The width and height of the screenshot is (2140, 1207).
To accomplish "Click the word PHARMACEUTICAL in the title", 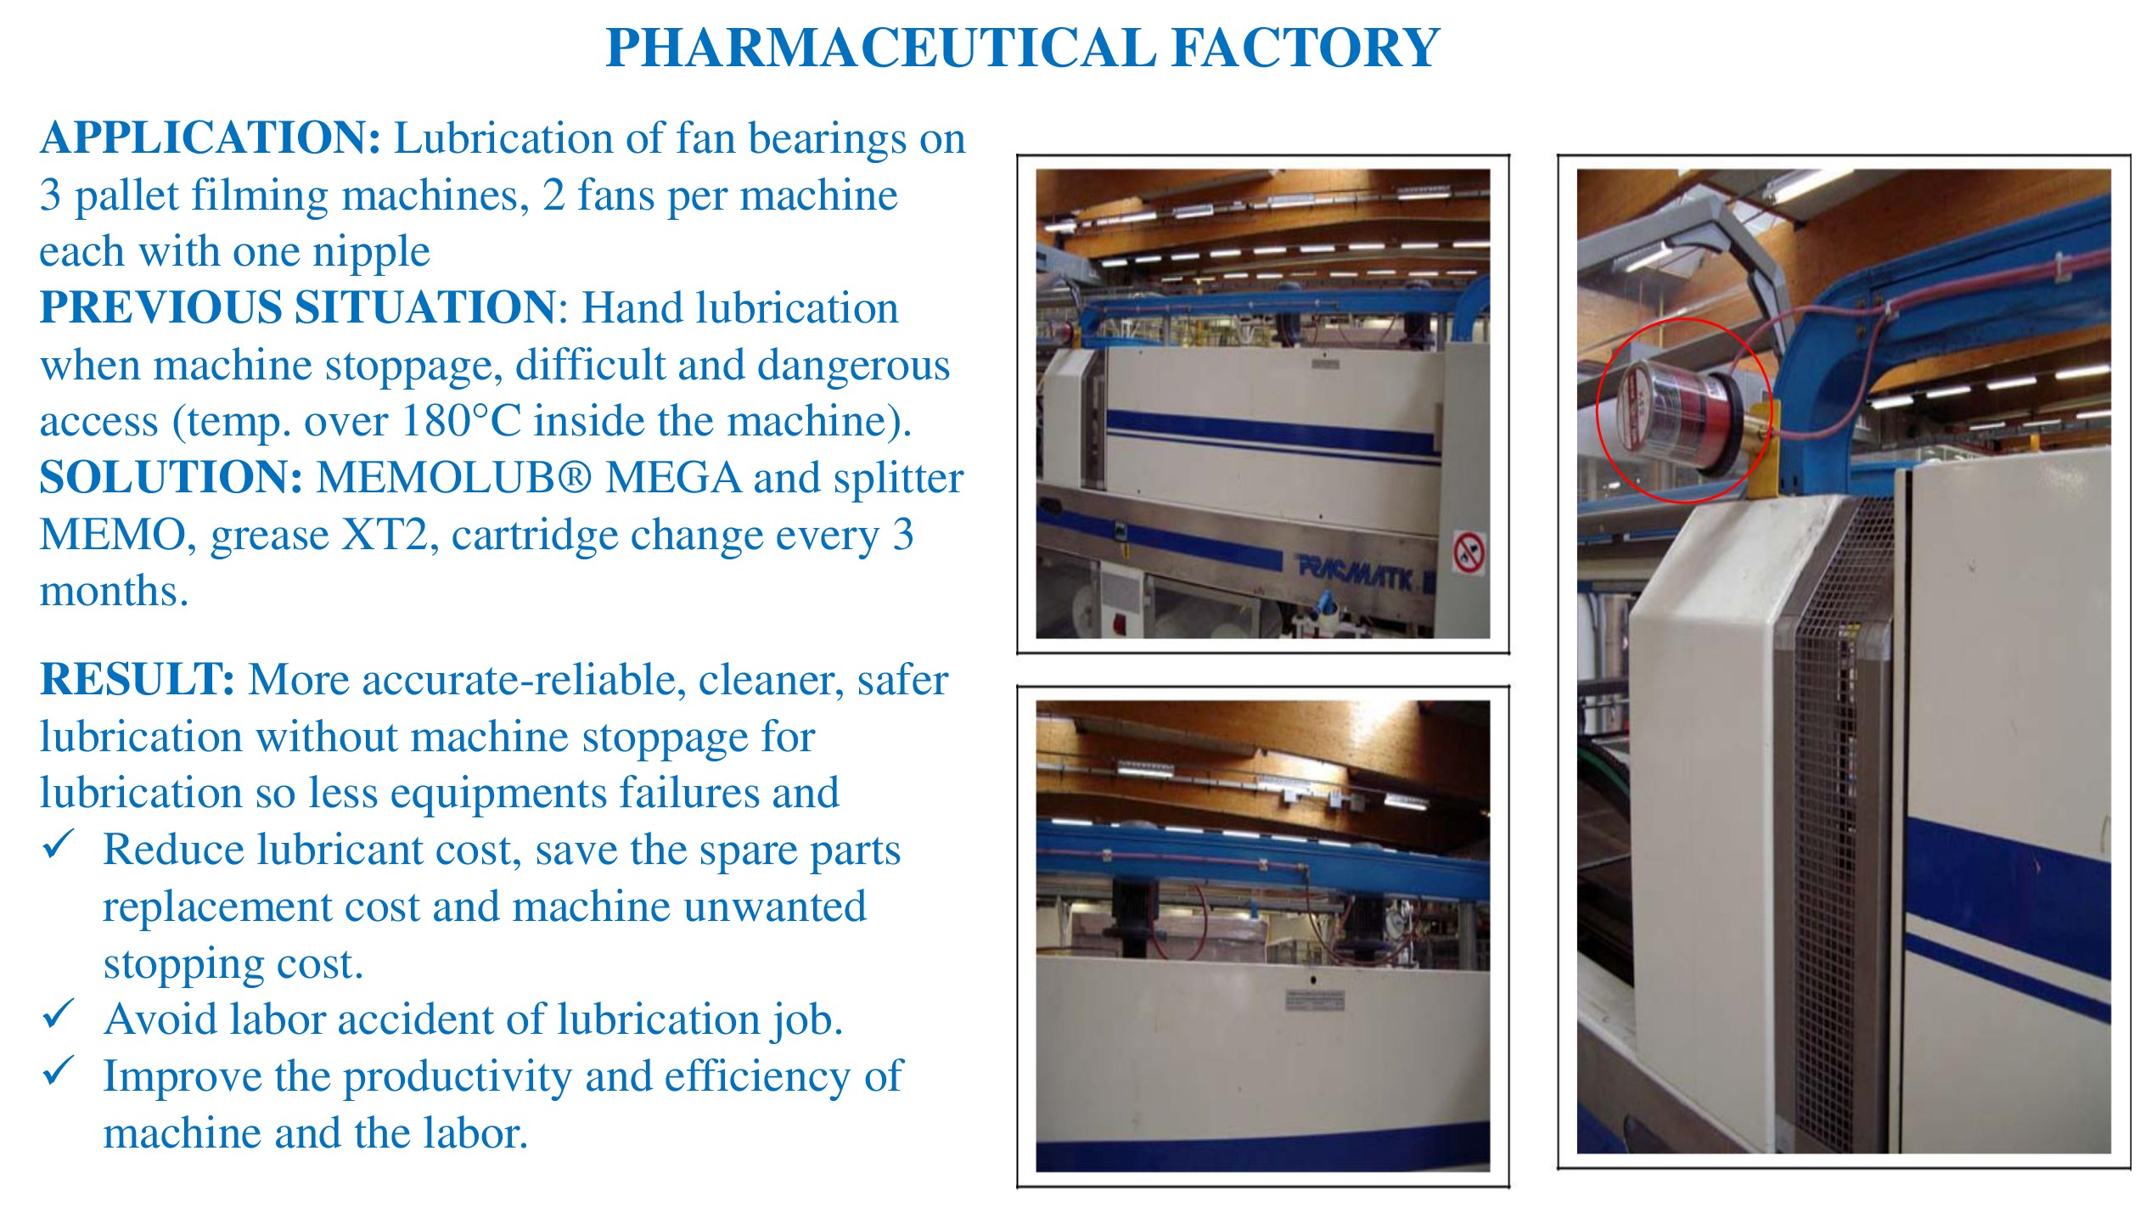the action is (x=881, y=48).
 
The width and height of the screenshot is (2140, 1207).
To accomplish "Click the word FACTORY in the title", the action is (x=1306, y=48).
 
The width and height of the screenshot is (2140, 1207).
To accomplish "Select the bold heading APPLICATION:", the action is (x=211, y=138).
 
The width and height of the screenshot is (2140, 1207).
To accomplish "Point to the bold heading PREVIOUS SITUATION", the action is (x=298, y=307).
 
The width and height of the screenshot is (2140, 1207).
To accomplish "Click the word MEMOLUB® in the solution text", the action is (x=454, y=477).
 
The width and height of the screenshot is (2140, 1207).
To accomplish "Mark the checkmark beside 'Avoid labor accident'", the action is (x=59, y=1013).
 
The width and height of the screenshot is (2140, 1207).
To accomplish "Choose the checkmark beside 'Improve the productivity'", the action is (x=59, y=1071).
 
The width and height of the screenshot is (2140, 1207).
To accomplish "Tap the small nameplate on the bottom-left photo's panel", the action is (x=1314, y=1000).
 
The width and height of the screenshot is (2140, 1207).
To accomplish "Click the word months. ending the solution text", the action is (x=114, y=591).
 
